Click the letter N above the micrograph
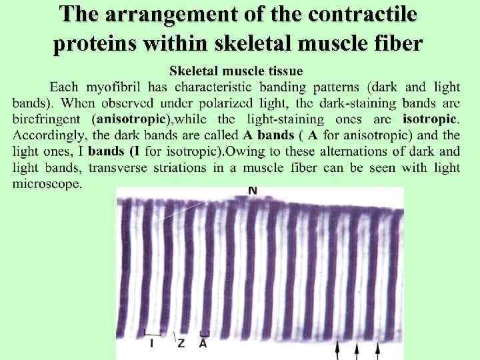pos(253,191)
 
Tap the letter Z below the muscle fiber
pos(181,343)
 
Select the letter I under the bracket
pos(152,343)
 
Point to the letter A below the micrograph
pos(203,343)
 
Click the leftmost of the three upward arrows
pos(338,349)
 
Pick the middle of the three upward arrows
pos(357,349)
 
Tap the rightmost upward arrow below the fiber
pos(379,349)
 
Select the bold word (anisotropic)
pos(133,119)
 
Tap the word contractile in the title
pos(366,15)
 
